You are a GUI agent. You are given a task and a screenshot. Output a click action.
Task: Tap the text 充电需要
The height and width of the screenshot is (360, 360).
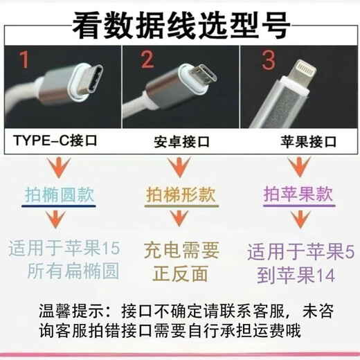pyautogui.click(x=181, y=249)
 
